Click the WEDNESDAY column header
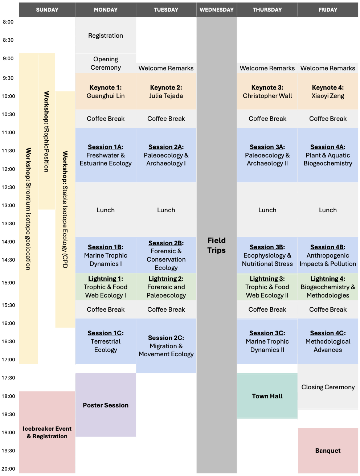[x=216, y=10]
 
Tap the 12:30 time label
[x=8, y=187]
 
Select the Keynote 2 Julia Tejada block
[x=166, y=91]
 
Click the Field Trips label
[x=216, y=245]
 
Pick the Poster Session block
[x=106, y=405]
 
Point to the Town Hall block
[x=267, y=396]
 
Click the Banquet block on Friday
[x=328, y=450]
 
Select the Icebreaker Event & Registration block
[x=47, y=432]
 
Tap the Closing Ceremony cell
[x=328, y=387]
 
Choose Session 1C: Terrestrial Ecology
[x=106, y=341]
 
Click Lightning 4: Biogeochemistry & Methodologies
[x=328, y=287]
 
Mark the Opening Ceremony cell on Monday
[x=106, y=63]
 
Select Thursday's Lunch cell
[x=267, y=210]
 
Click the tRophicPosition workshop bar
[x=46, y=131]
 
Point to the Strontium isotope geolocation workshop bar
[x=28, y=209]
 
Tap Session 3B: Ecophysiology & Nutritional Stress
[x=267, y=255]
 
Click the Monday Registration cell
[x=106, y=35]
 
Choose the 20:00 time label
[x=8, y=469]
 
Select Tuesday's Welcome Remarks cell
[x=166, y=68]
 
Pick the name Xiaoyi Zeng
[x=328, y=96]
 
